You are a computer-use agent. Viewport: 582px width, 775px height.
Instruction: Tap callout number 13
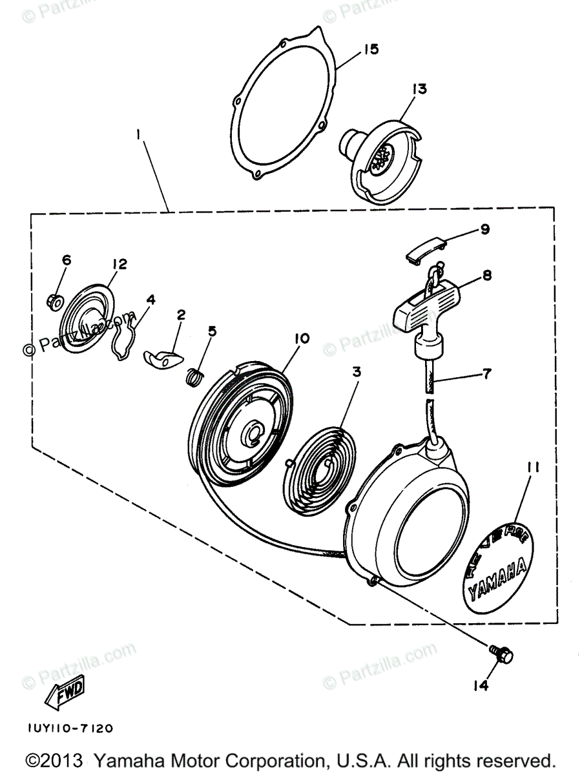[420, 88]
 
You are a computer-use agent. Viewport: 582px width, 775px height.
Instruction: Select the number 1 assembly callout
[138, 135]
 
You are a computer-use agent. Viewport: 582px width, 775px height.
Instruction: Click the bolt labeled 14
[501, 657]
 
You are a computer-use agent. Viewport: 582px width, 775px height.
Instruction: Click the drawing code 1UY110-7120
[70, 728]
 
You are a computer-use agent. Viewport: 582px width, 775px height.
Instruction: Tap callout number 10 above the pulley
[302, 338]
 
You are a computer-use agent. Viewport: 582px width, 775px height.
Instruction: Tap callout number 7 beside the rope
[485, 373]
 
